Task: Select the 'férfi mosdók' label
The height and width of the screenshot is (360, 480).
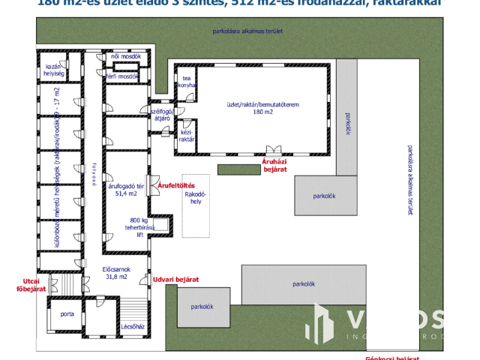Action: coord(122,76)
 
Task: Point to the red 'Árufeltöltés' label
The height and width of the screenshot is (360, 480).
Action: coord(177,184)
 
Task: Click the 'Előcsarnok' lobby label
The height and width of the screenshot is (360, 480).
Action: coord(116,268)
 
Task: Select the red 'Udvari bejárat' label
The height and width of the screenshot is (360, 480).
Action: coord(175,280)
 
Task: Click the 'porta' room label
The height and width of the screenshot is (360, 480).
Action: coord(66,313)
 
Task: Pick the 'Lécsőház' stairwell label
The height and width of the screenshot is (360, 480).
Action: coord(132,327)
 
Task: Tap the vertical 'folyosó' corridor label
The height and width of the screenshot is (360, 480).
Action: coord(94,177)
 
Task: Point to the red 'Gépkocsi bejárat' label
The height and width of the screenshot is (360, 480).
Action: coord(391,358)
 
